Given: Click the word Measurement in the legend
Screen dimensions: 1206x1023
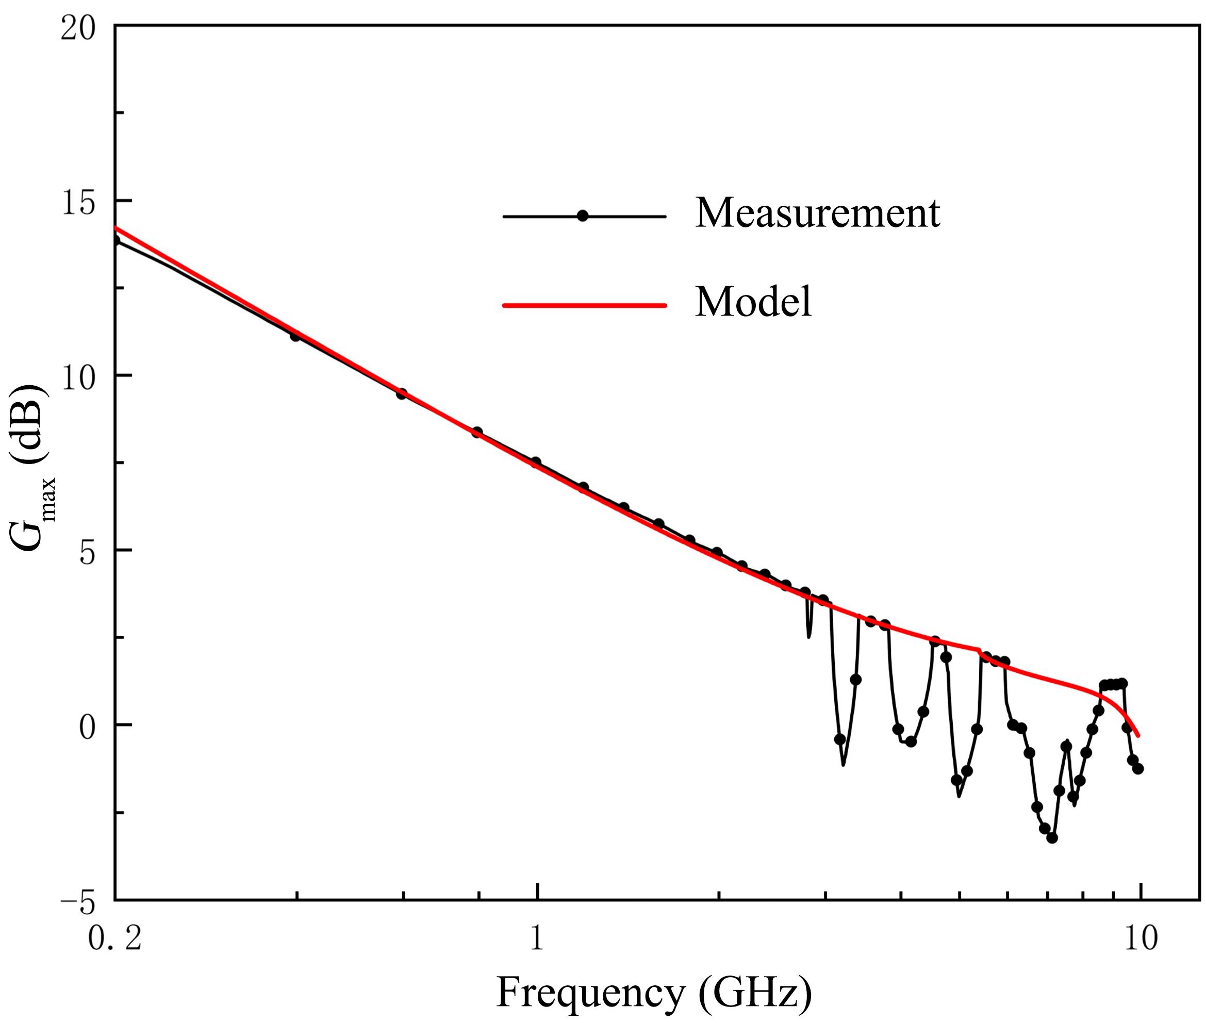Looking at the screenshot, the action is pyautogui.click(x=818, y=213).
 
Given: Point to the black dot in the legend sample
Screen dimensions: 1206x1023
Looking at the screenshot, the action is pyautogui.click(x=583, y=217).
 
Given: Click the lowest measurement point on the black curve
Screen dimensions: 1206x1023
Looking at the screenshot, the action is pyautogui.click(x=1052, y=837).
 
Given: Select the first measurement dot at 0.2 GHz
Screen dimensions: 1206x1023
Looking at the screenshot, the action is pyautogui.click(x=116, y=240).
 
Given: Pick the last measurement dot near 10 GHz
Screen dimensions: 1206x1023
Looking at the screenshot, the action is pyautogui.click(x=1138, y=768).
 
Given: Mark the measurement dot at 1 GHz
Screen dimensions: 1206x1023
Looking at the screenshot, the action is pyautogui.click(x=536, y=462).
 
